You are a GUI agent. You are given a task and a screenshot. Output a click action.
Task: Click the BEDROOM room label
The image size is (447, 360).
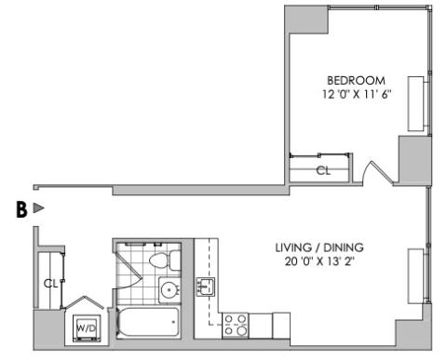coord(356,81)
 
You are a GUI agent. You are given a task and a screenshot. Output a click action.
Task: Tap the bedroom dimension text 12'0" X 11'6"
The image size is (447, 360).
coord(356,94)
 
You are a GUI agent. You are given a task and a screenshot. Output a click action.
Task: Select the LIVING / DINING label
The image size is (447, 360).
coord(319,247)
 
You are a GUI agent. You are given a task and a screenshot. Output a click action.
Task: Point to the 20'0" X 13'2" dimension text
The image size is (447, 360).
coord(319,261)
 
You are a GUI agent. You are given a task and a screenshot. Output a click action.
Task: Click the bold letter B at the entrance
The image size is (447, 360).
coord(21,210)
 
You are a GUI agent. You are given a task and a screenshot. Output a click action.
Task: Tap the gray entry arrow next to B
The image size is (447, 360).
coord(38,208)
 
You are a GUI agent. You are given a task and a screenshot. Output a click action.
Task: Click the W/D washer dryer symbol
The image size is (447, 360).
coord(87,328)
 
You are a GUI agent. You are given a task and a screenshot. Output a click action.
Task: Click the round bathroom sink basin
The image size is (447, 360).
coord(169,290)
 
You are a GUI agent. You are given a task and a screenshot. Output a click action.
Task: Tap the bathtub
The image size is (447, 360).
coord(147,322)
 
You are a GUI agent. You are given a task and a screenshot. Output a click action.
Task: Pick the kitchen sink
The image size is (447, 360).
coord(205,287)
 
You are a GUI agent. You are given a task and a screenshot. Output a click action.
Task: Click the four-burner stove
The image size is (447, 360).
coord(236,326)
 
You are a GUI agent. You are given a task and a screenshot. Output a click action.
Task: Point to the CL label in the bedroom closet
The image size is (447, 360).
coord(323,170)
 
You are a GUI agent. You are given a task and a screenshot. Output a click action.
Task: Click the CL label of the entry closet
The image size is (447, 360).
coord(50,284)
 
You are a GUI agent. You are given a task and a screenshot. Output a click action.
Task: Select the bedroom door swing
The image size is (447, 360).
coord(377,172)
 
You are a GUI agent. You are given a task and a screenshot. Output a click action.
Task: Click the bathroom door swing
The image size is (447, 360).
coord(129,271)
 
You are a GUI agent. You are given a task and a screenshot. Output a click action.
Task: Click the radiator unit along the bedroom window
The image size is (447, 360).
coord(416,103)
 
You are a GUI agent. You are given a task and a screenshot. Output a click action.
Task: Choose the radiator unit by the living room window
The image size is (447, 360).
coord(415,276)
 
